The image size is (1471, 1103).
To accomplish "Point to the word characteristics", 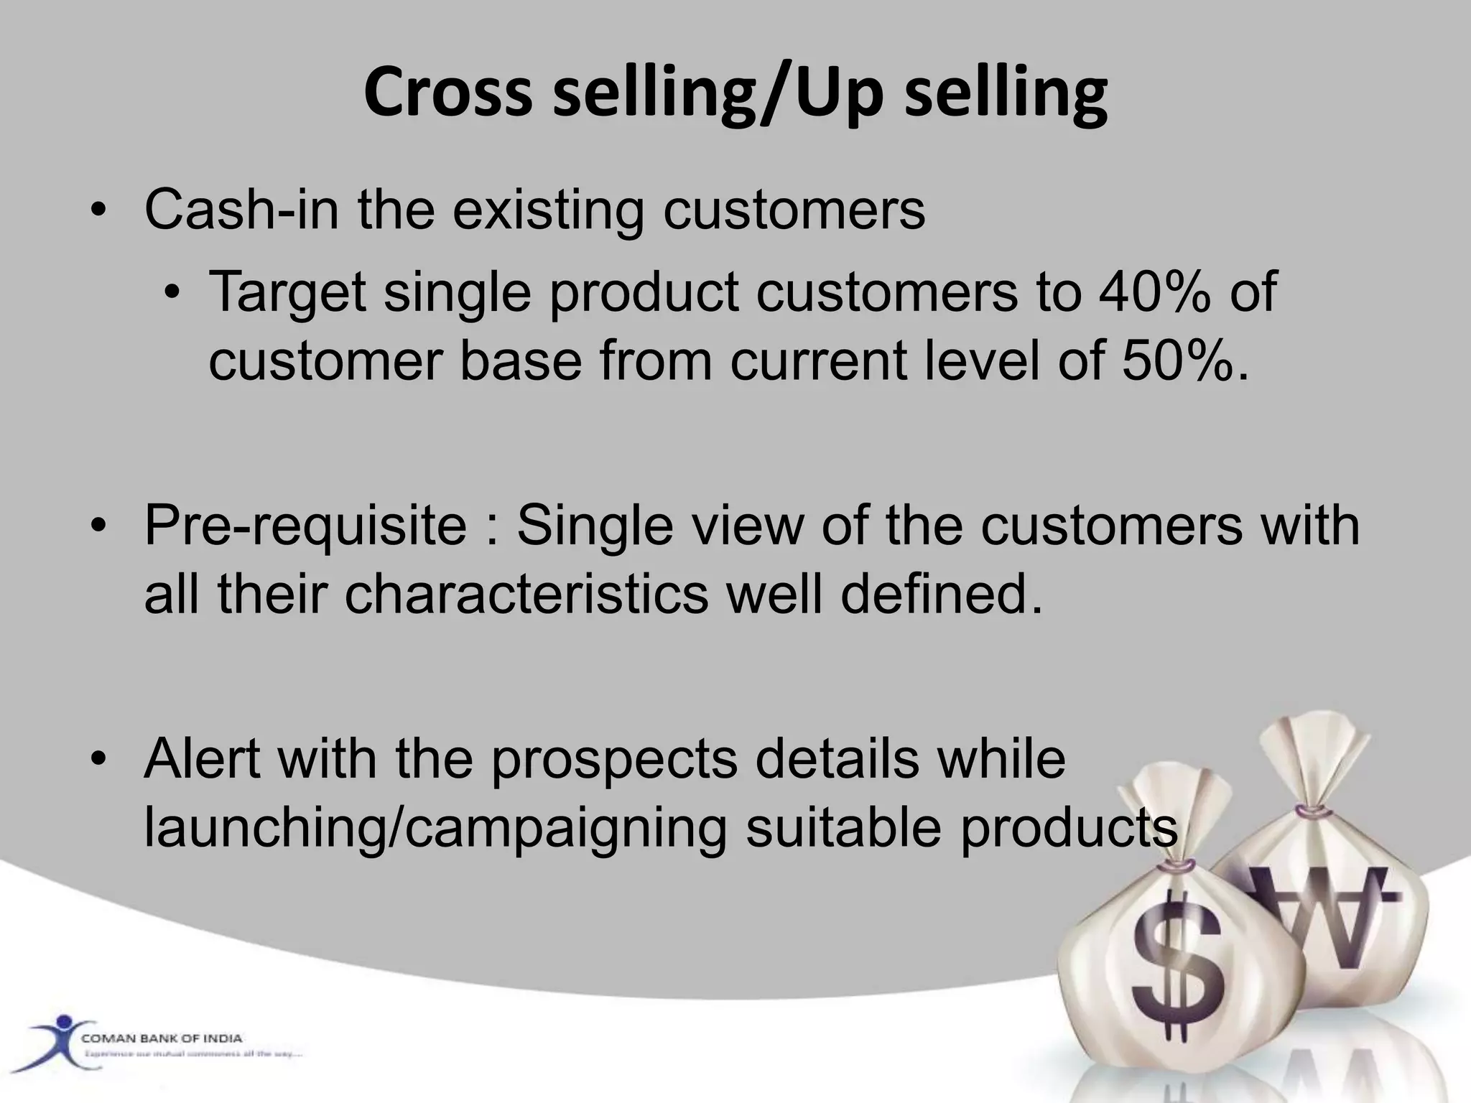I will (x=526, y=595).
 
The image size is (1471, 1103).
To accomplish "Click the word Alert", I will (x=202, y=759).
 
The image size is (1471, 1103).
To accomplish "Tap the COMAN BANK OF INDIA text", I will (x=162, y=1038).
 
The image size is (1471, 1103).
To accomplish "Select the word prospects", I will (x=613, y=759).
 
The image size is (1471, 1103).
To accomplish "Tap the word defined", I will (x=942, y=595).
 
